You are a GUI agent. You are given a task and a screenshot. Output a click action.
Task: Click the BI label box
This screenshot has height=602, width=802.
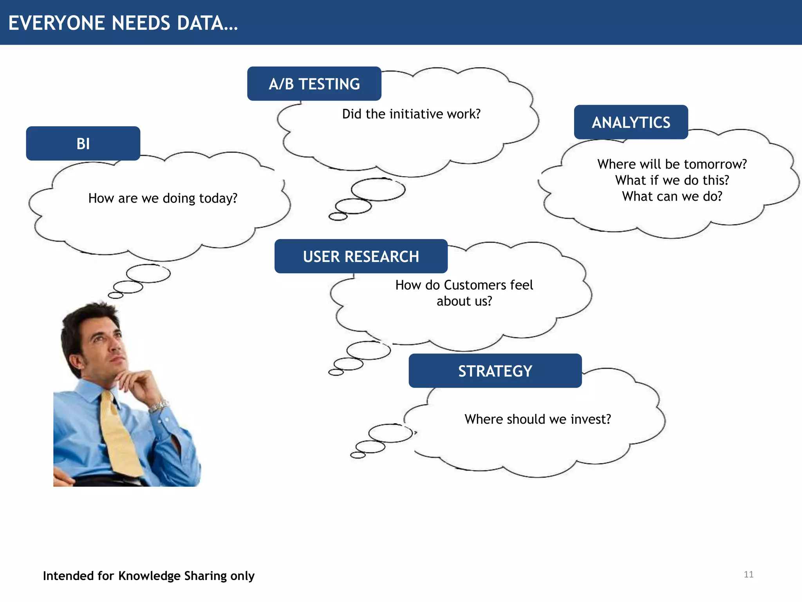pyautogui.click(x=83, y=143)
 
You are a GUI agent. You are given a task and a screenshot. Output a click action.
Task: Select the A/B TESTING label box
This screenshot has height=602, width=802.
pyautogui.click(x=314, y=84)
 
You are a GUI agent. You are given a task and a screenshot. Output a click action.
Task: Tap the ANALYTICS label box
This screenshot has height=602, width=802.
pyautogui.click(x=631, y=122)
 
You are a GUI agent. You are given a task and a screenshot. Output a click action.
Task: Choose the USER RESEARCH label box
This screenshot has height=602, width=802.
pyautogui.click(x=361, y=256)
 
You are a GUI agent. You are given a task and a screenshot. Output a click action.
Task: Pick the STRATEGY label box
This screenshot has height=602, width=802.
pyautogui.click(x=495, y=371)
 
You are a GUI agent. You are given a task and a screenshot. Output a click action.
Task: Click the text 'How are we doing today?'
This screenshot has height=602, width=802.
pyautogui.click(x=163, y=198)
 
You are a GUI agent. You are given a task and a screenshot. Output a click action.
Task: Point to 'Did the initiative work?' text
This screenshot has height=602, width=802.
pyautogui.click(x=411, y=114)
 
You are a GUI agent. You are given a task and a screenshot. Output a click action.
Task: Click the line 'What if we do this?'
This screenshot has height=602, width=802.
pyautogui.click(x=672, y=180)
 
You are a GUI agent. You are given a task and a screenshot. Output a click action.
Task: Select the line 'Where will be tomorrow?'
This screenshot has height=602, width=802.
pyautogui.click(x=672, y=164)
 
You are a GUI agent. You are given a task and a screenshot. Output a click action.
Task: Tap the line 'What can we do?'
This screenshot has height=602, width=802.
pyautogui.click(x=672, y=196)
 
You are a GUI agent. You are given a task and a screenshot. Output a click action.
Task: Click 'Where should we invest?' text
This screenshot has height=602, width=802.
pyautogui.click(x=538, y=419)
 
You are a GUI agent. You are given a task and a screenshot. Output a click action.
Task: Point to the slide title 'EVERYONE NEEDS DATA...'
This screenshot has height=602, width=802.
pyautogui.click(x=123, y=23)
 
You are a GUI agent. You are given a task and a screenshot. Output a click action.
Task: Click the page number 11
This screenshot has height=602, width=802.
pyautogui.click(x=748, y=575)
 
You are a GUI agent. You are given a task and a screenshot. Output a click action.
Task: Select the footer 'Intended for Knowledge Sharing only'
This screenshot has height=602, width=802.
pyautogui.click(x=149, y=576)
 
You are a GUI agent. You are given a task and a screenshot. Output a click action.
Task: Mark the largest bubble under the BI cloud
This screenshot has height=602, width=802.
pyautogui.click(x=148, y=273)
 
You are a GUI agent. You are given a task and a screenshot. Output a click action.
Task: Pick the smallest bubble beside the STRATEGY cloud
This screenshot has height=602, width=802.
pyautogui.click(x=358, y=455)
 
